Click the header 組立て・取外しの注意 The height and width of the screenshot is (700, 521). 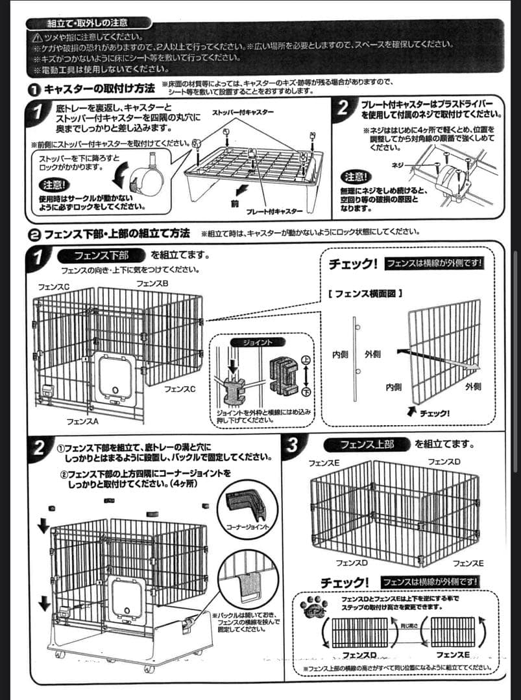[88, 24]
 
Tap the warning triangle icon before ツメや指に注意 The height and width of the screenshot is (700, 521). [40, 36]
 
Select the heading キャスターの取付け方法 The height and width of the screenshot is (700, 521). [99, 88]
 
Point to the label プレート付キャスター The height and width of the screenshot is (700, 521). [274, 211]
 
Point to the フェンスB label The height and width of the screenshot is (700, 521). [152, 284]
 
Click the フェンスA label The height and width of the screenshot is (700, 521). [82, 421]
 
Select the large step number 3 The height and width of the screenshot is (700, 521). [293, 446]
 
